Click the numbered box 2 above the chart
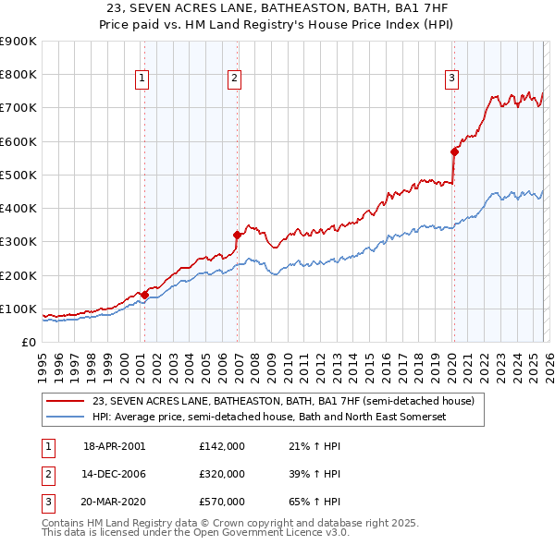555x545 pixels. click(x=235, y=79)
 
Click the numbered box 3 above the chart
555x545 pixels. click(x=452, y=79)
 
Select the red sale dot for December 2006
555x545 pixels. click(x=238, y=235)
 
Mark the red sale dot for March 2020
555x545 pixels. click(x=454, y=151)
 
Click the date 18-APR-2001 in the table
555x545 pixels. click(x=114, y=446)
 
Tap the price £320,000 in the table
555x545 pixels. click(x=222, y=474)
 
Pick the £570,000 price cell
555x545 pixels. click(x=222, y=502)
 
